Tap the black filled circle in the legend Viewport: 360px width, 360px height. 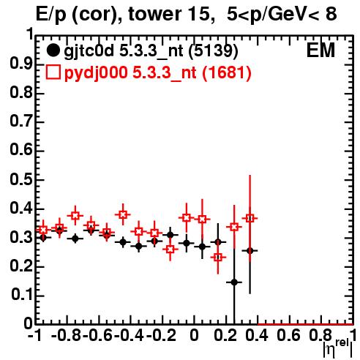tap(53, 50)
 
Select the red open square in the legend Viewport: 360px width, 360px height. tap(53, 72)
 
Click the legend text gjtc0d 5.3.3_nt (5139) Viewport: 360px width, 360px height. tap(151, 51)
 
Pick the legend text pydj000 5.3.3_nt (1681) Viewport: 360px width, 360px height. tap(157, 73)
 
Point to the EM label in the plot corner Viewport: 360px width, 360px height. tap(320, 50)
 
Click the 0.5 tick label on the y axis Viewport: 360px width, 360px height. tap(21, 180)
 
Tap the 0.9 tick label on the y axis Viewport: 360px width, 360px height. tap(21, 64)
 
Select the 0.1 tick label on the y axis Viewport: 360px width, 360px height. tap(21, 296)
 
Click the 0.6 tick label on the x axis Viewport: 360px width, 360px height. tap(288, 335)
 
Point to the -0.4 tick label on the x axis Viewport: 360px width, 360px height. tap(129, 335)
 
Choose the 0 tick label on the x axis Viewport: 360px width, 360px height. tap(194, 335)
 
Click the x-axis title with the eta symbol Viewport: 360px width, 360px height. tap(337, 349)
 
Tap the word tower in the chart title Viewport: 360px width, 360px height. tap(154, 14)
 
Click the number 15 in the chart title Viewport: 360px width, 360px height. tap(198, 14)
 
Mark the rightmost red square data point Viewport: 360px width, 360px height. tap(250, 218)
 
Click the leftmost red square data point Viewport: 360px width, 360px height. tap(43, 230)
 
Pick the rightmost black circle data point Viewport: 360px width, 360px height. tap(250, 251)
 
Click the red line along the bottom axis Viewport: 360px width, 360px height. tap(305, 324)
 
